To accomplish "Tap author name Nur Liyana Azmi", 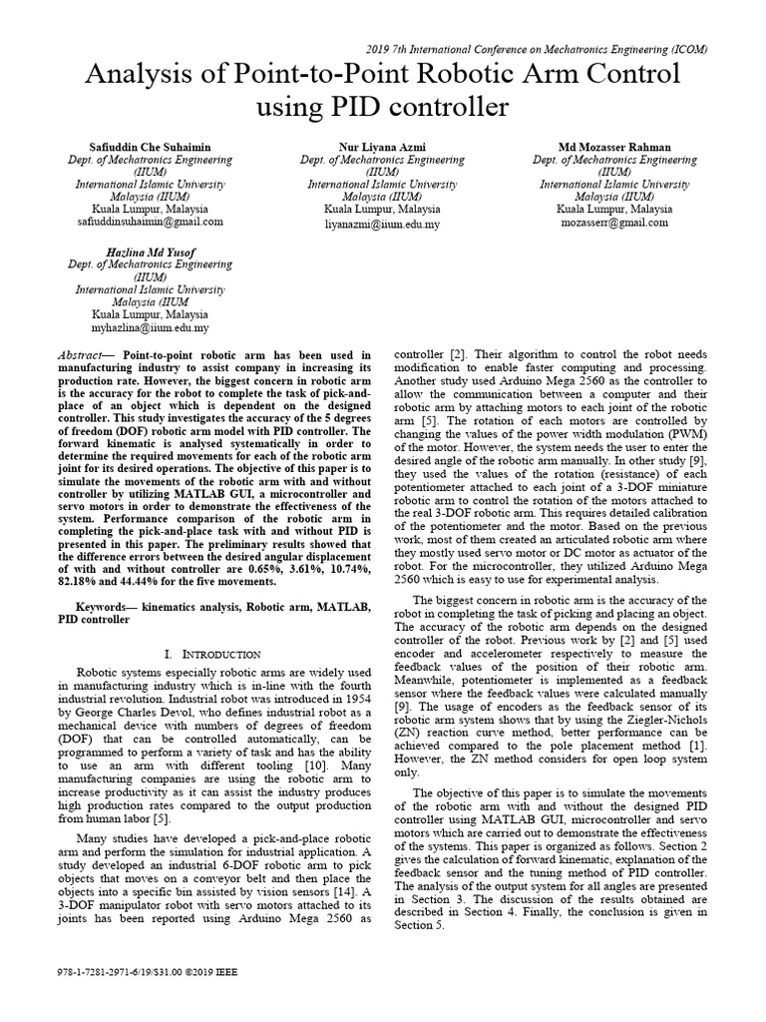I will [382, 145].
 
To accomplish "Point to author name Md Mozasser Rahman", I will [614, 145].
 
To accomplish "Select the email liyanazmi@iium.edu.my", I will [382, 225].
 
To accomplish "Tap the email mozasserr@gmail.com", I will [614, 225].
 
